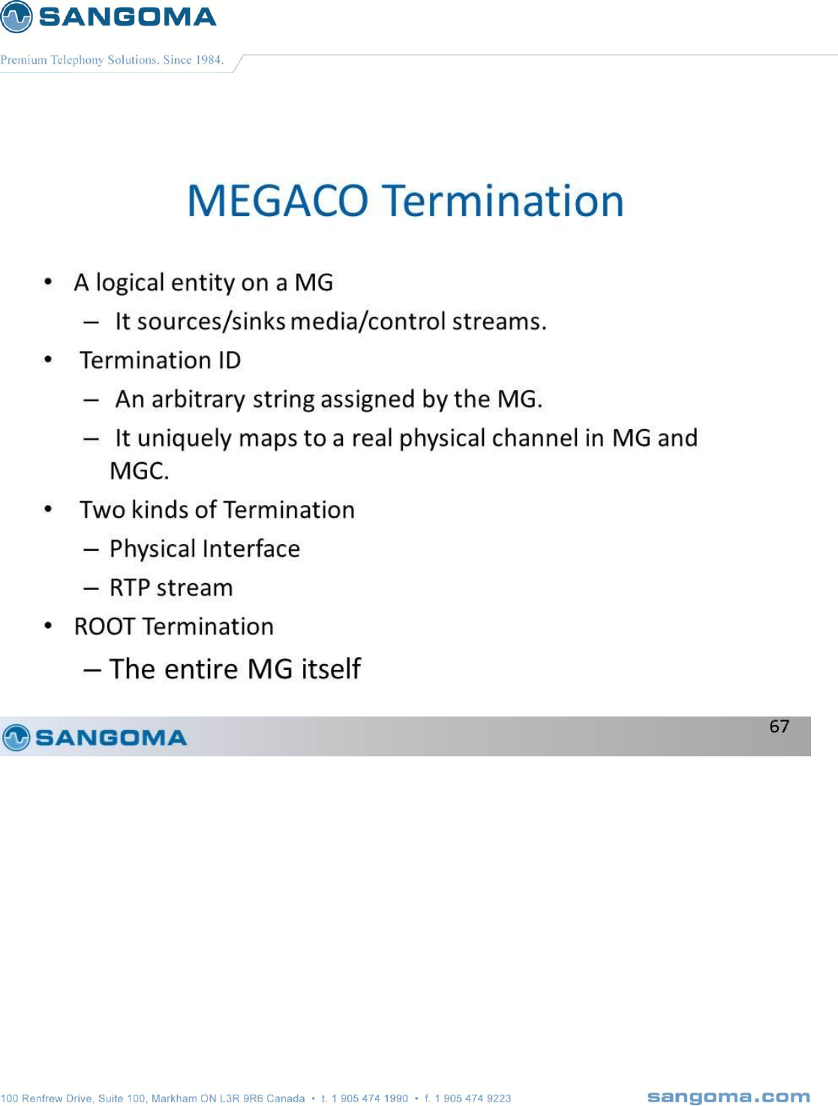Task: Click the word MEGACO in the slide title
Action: [278, 201]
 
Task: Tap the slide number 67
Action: [779, 726]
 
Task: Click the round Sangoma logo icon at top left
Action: [16, 17]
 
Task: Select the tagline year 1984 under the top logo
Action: [209, 60]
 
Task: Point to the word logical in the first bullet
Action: [131, 283]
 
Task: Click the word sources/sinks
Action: [211, 322]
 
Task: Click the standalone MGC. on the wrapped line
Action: [139, 471]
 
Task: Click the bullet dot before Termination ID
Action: [48, 359]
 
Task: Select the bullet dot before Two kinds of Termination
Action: [48, 509]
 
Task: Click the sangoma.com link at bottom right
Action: [728, 1097]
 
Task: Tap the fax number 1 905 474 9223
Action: [473, 1098]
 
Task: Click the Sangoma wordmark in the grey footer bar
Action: [111, 738]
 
